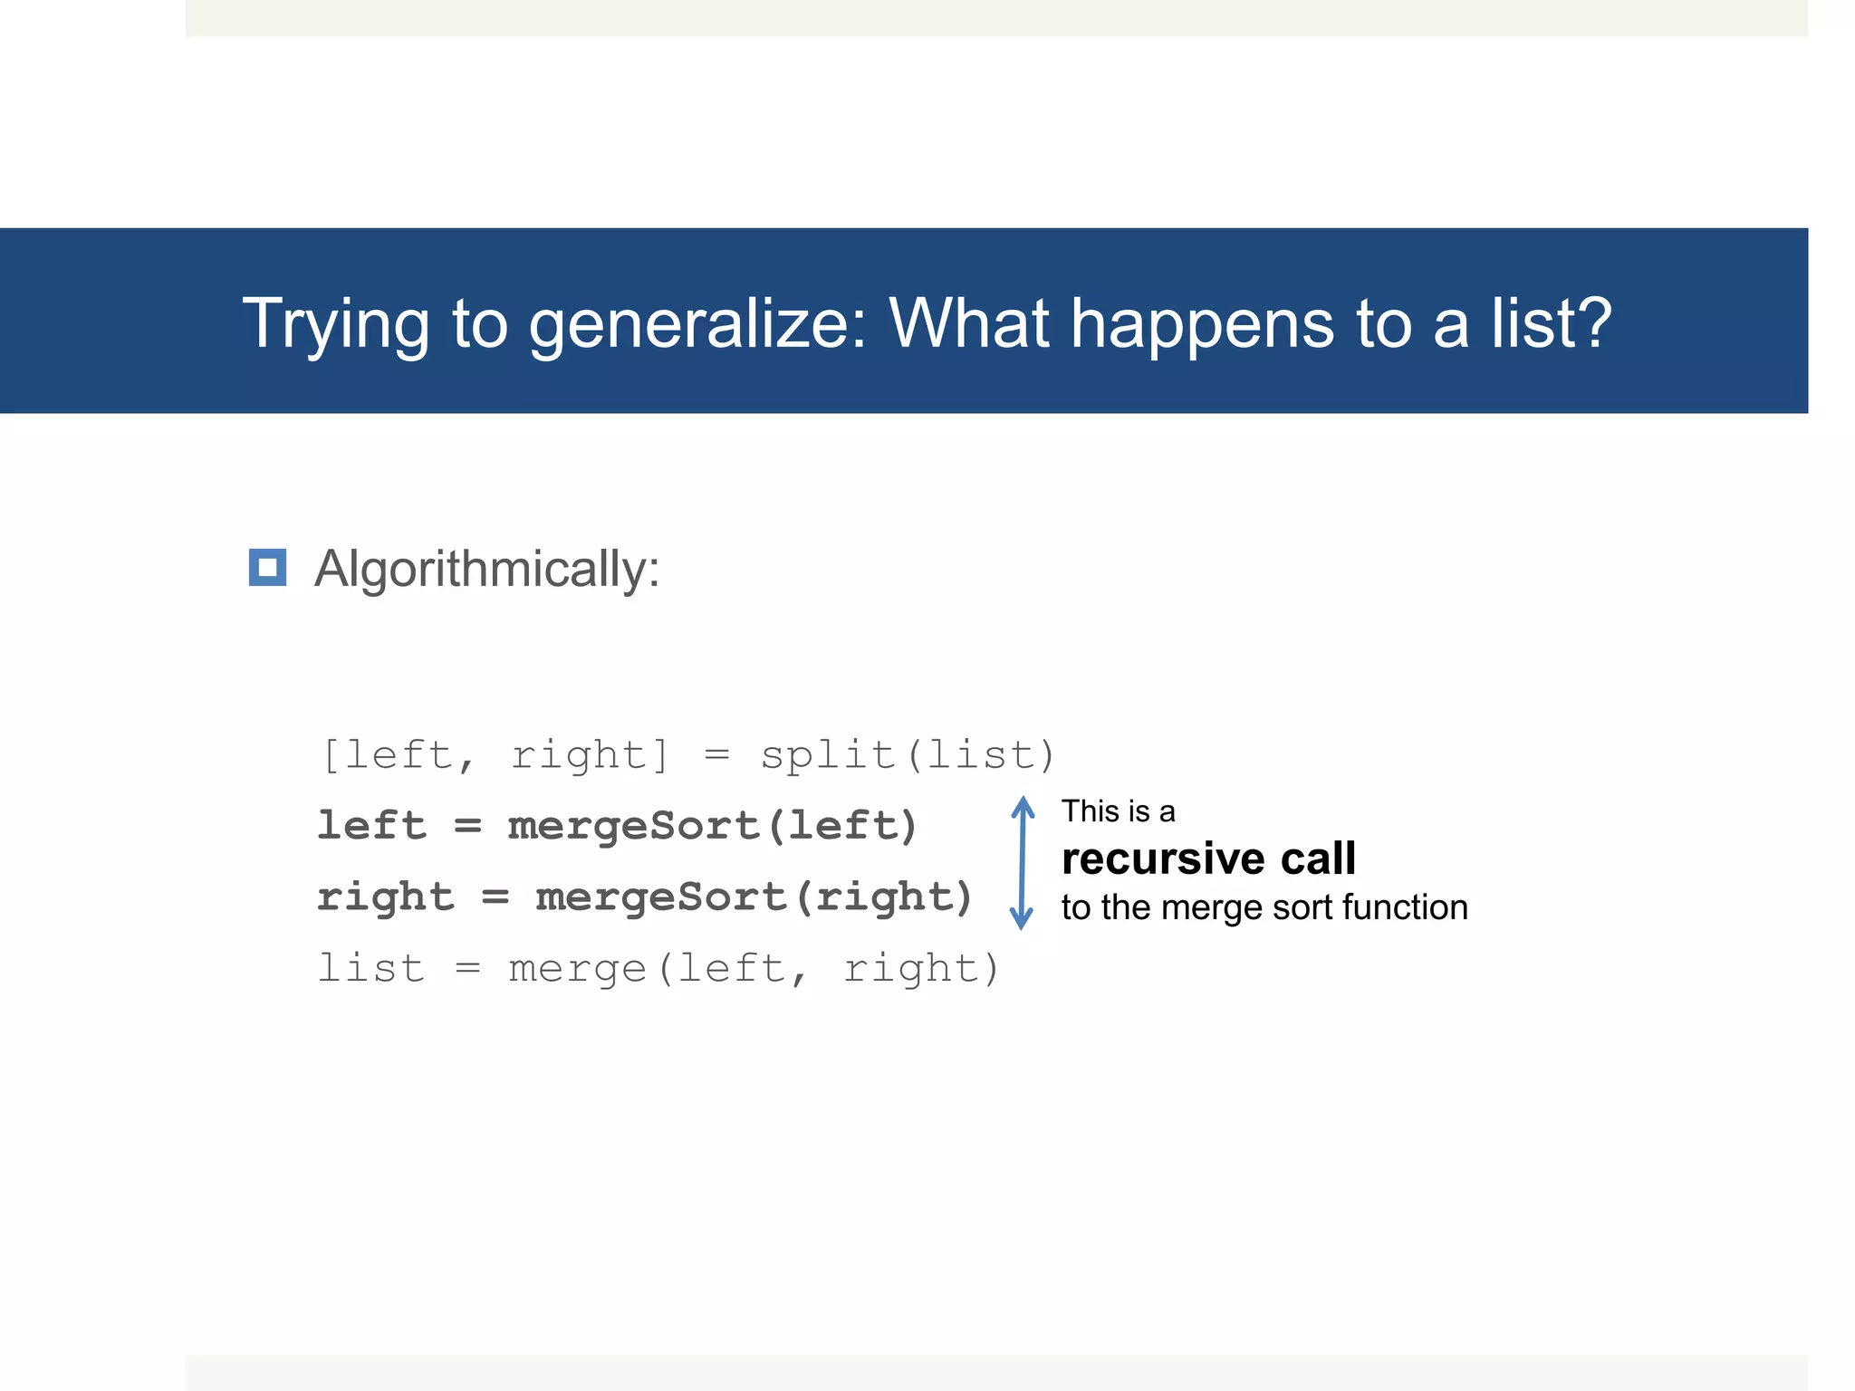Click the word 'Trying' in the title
(x=336, y=324)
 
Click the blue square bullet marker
(x=268, y=568)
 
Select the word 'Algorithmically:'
(x=487, y=570)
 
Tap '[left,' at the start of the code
(x=399, y=755)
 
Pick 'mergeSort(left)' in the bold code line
(x=713, y=826)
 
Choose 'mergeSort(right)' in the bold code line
(x=754, y=897)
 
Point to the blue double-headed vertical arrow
(x=1022, y=862)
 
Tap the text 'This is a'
(x=1118, y=811)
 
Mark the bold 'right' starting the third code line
(x=386, y=897)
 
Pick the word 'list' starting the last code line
(x=371, y=969)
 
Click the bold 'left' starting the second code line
(x=371, y=826)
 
